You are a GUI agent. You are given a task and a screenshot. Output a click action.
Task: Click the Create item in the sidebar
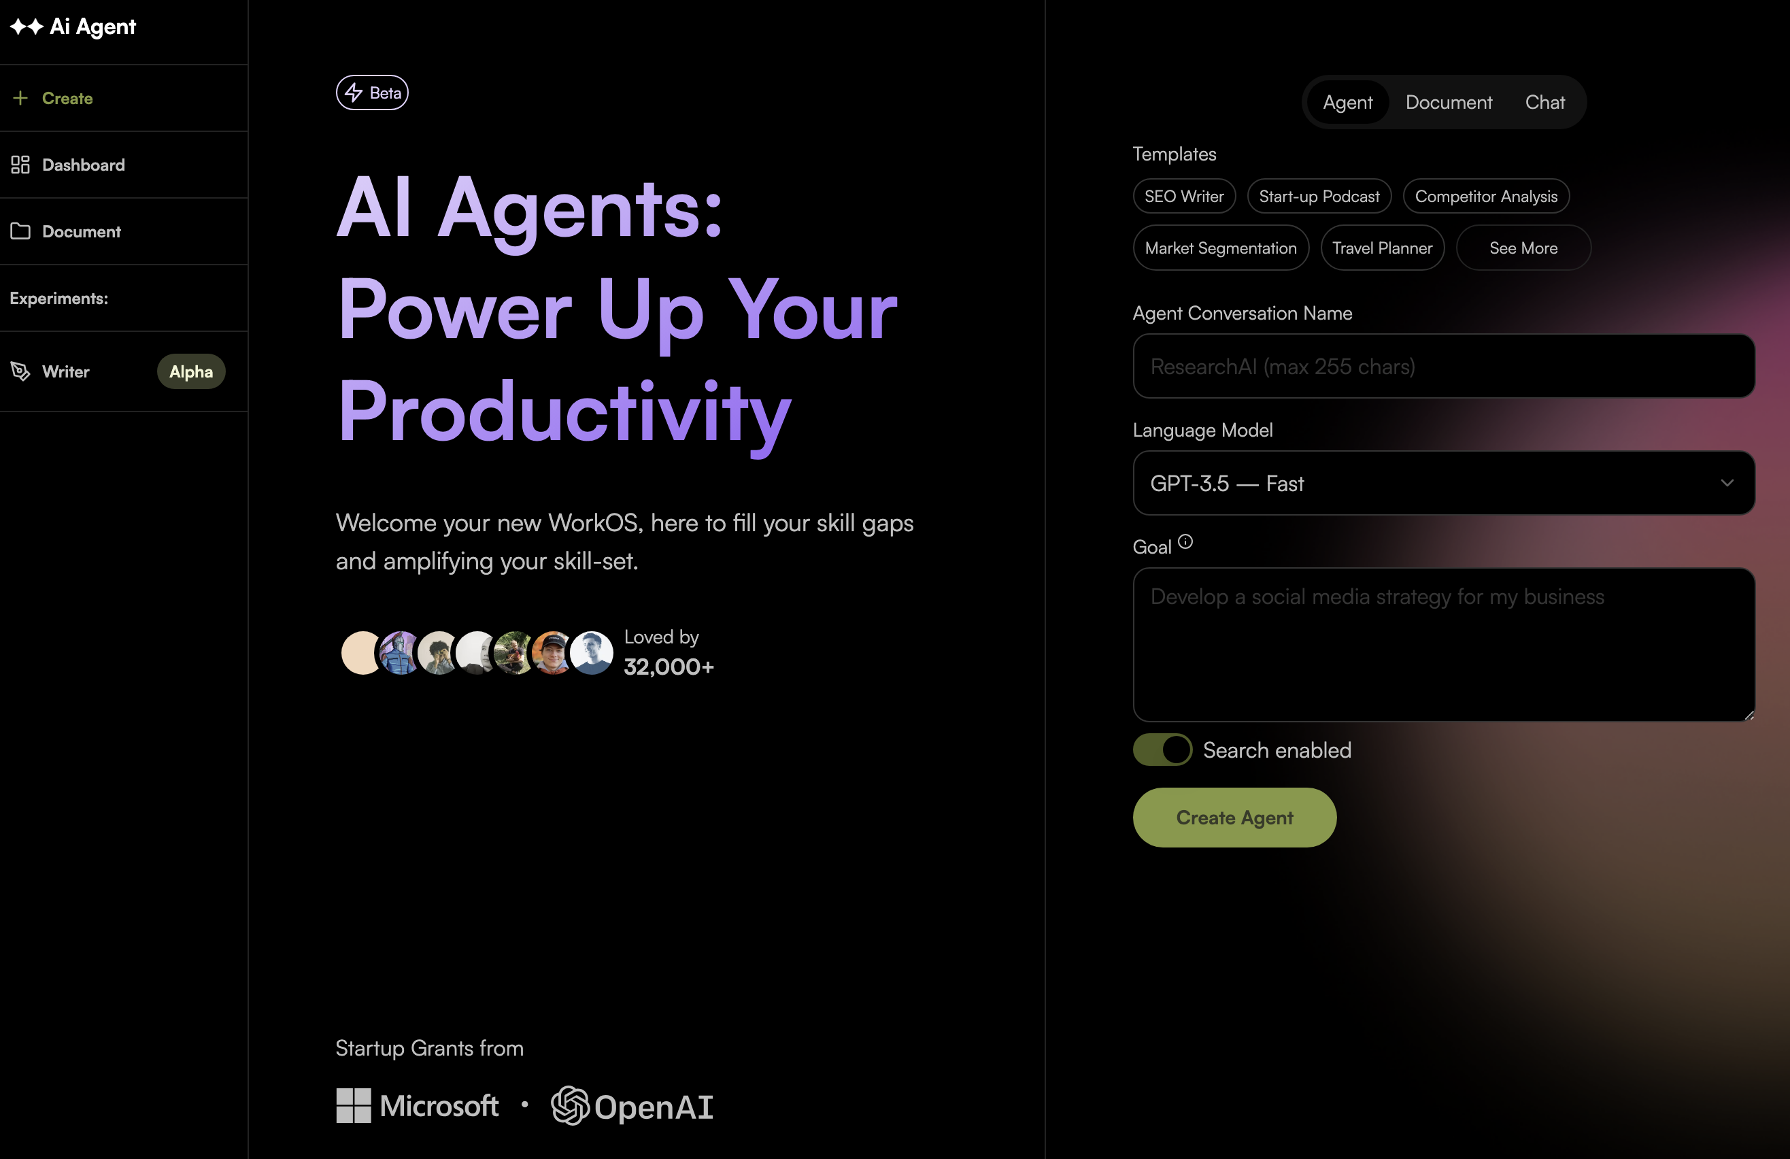pyautogui.click(x=52, y=98)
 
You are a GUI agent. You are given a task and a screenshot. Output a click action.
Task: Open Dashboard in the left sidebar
pyautogui.click(x=68, y=165)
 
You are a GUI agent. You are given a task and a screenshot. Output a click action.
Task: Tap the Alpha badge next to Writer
pyautogui.click(x=191, y=371)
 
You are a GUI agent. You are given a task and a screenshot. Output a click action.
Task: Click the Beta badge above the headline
pyautogui.click(x=372, y=93)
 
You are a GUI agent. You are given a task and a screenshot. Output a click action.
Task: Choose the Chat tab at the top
pyautogui.click(x=1544, y=102)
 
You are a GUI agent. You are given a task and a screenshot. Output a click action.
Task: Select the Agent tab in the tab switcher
pyautogui.click(x=1348, y=102)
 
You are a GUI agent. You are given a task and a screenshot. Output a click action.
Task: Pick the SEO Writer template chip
pyautogui.click(x=1184, y=197)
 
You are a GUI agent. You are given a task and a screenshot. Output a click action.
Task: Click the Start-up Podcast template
pyautogui.click(x=1319, y=197)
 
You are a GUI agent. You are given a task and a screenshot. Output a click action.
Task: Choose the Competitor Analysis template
pyautogui.click(x=1486, y=197)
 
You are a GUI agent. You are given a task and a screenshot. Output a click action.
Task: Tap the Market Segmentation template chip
pyautogui.click(x=1221, y=248)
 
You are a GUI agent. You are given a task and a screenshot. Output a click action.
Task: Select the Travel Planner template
pyautogui.click(x=1383, y=248)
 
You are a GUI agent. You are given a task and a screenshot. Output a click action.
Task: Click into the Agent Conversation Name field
pyautogui.click(x=1444, y=367)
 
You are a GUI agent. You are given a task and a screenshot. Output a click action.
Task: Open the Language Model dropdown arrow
pyautogui.click(x=1727, y=483)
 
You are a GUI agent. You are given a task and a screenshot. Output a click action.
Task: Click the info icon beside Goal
pyautogui.click(x=1185, y=541)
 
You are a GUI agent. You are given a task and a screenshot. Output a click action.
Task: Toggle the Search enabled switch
pyautogui.click(x=1163, y=750)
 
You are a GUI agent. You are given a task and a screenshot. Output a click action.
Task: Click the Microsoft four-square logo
pyautogui.click(x=354, y=1105)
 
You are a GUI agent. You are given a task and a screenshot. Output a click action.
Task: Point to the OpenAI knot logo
pyautogui.click(x=570, y=1105)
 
